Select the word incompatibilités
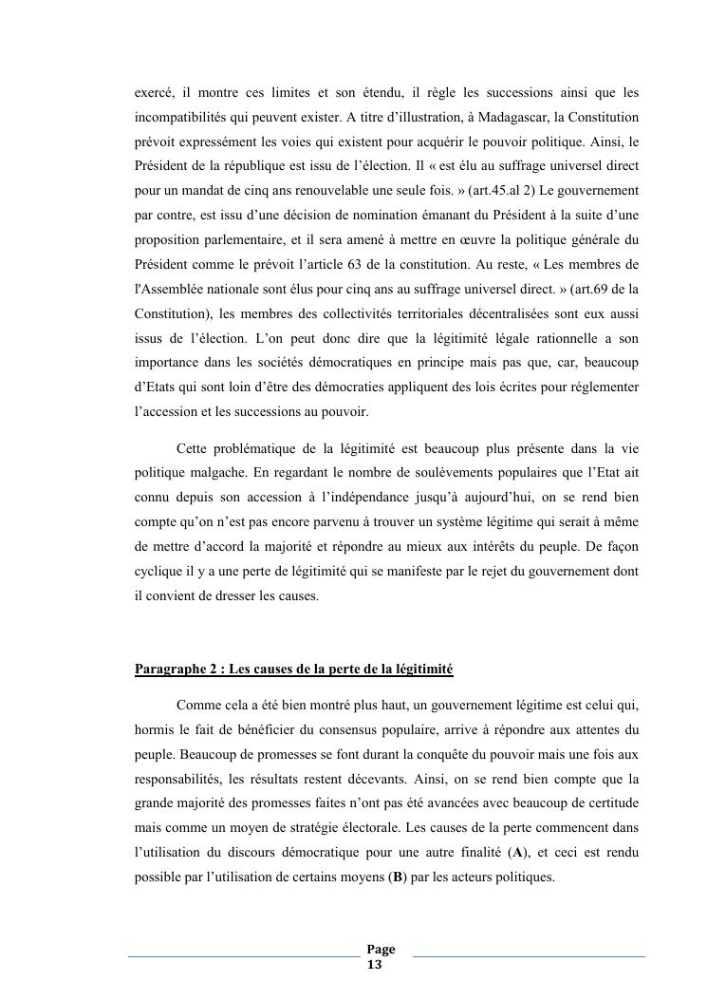pos(183,117)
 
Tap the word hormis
pos(155,730)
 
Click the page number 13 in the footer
pos(375,965)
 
